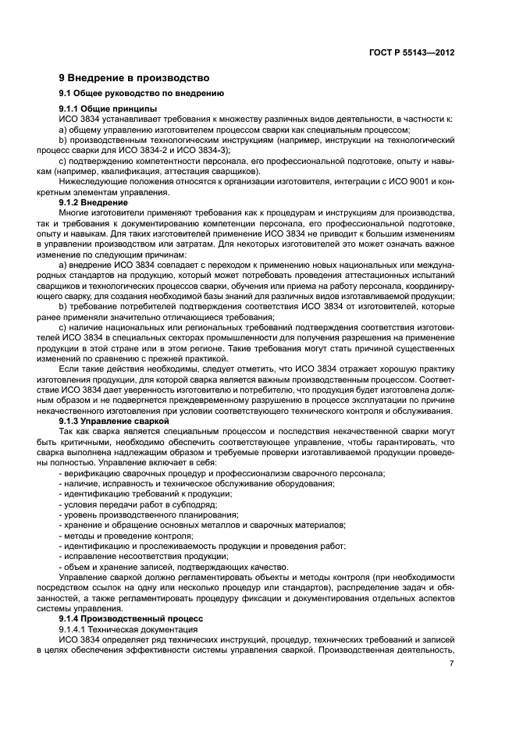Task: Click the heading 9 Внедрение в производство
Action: tap(134, 78)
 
